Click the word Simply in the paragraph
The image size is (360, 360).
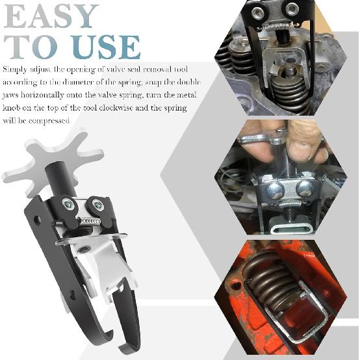point(15,68)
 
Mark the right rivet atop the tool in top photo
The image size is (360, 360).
point(292,8)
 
